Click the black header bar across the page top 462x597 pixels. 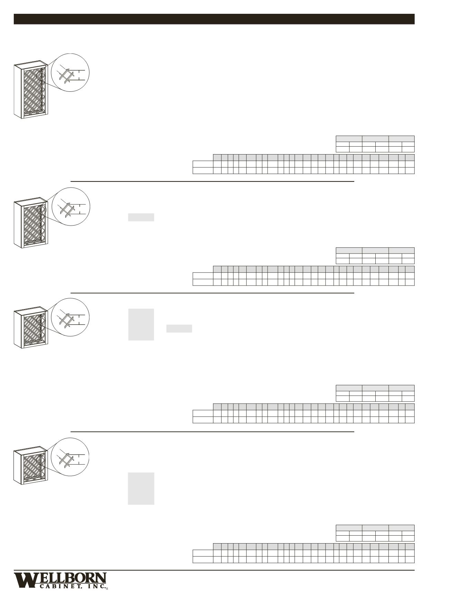[214, 19]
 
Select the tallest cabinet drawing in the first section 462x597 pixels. [30, 90]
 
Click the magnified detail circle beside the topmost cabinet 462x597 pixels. [70, 72]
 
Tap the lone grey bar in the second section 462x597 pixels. [141, 217]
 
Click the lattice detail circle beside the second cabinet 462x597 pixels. [71, 207]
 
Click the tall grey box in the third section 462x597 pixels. [141, 325]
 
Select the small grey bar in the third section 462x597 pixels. [179, 329]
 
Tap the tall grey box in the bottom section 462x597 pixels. [141, 488]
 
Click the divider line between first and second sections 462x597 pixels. [212, 181]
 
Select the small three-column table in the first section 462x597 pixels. [375, 144]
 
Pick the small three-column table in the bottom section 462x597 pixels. [375, 533]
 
